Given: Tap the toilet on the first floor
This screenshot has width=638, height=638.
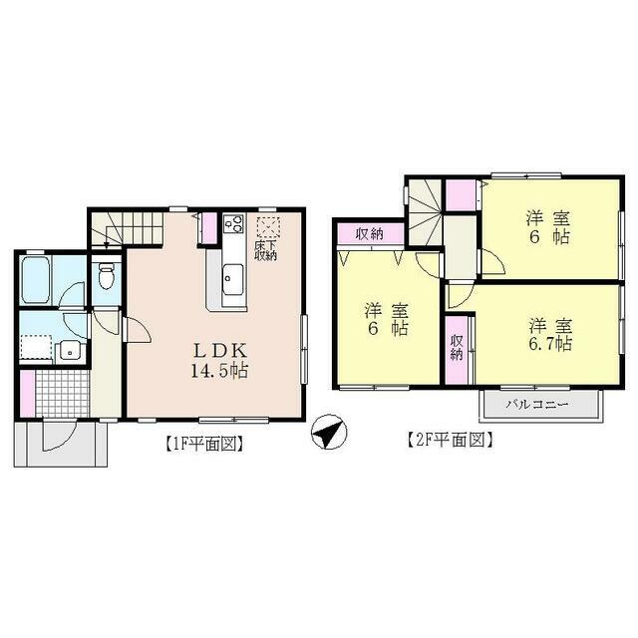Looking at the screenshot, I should point(107,273).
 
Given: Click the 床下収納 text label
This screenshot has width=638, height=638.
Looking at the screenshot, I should point(265,249).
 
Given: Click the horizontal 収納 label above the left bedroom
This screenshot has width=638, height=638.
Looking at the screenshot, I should point(368,235).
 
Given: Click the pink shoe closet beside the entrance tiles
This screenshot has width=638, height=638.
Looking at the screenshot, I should point(27,391).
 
